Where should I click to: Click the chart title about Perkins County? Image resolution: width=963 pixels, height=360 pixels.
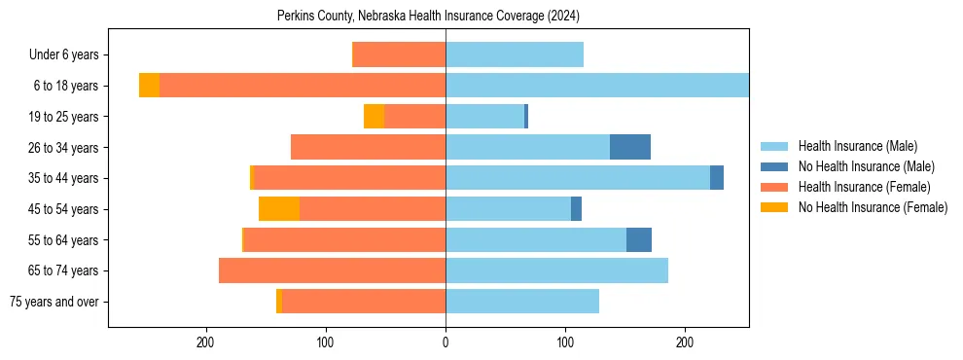point(428,16)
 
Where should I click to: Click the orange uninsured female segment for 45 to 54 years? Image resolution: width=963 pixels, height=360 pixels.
point(279,209)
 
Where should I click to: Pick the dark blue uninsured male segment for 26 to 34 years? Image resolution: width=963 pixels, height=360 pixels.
point(630,147)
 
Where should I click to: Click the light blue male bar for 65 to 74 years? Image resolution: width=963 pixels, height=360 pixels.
point(556,270)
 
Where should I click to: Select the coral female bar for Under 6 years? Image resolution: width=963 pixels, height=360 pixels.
point(399,54)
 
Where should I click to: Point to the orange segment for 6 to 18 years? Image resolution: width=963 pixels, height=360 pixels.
point(149,86)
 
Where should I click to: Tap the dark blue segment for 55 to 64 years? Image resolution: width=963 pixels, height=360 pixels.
point(639,239)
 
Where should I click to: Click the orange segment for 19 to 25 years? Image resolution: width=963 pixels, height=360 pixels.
point(374,117)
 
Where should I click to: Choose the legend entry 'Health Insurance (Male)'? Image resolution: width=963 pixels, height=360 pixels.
point(857,146)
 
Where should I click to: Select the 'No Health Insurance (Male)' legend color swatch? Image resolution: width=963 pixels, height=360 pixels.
point(774,166)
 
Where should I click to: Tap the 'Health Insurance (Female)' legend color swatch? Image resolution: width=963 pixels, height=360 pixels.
point(774,187)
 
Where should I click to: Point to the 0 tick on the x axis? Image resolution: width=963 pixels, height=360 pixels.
point(446,342)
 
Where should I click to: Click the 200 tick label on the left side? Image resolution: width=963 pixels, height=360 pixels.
point(205,342)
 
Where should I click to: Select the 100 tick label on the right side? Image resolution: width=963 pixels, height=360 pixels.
point(565,342)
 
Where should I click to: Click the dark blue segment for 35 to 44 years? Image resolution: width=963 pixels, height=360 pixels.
point(717,178)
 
